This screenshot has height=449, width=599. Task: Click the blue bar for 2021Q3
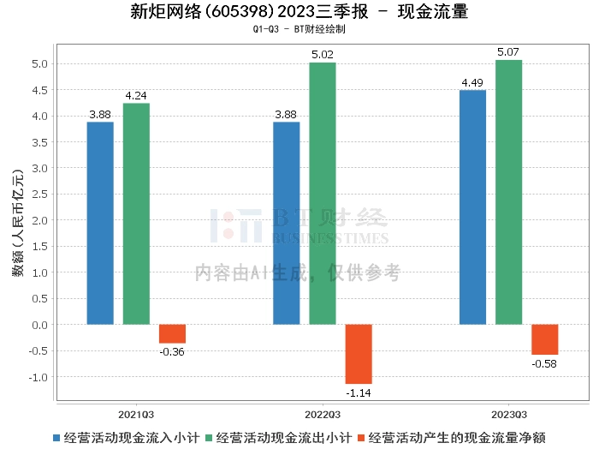[x=100, y=223]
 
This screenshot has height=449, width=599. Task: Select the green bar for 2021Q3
[x=136, y=213]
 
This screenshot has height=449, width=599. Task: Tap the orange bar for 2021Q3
[x=172, y=334]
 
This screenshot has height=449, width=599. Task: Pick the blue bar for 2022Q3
[x=286, y=223]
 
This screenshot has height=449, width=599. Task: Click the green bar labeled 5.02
[x=323, y=194]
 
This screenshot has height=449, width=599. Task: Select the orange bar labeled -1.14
[x=359, y=354]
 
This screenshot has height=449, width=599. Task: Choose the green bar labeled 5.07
[x=508, y=192]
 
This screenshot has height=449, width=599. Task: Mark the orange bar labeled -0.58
[x=544, y=339]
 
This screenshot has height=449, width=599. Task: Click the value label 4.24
[x=136, y=96]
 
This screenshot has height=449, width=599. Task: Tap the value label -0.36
[x=172, y=351]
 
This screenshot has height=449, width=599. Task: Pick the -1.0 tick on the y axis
[x=38, y=377]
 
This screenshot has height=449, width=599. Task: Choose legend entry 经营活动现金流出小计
[x=283, y=437]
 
